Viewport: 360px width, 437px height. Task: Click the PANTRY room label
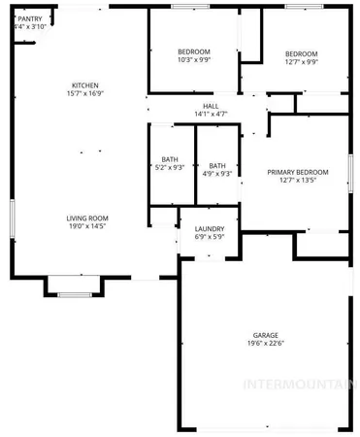pos(30,18)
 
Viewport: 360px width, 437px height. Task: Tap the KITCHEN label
pos(85,84)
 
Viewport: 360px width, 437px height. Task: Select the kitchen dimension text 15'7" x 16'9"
pos(85,94)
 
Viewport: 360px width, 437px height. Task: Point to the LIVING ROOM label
pos(86,218)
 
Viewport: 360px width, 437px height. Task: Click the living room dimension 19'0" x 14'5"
pos(86,228)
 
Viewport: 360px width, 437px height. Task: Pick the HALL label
pos(211,105)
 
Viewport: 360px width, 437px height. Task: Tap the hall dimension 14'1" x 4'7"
pos(211,114)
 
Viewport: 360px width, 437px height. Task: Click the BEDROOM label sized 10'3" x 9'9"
pos(194,51)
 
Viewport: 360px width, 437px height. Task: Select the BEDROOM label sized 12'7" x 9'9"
pos(301,53)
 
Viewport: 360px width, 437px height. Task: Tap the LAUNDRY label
pos(210,228)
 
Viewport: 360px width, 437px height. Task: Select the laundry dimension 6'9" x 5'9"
pos(210,237)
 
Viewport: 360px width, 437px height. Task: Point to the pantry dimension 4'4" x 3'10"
pos(28,27)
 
